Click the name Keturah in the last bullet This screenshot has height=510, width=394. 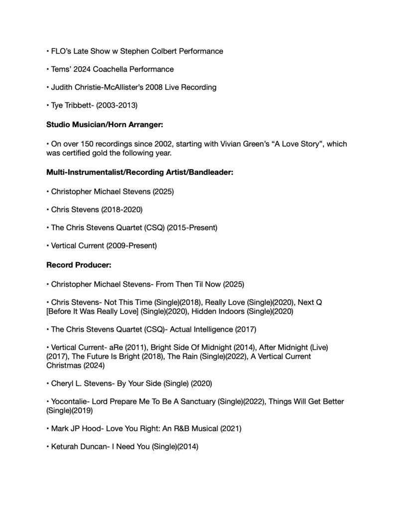click(66, 447)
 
